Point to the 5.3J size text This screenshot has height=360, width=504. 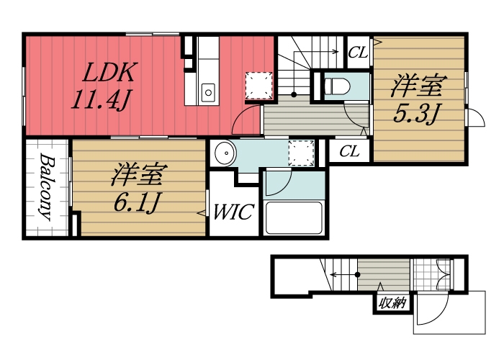tap(416, 114)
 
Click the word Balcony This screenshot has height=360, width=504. tap(45, 186)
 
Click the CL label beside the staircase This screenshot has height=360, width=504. tap(358, 52)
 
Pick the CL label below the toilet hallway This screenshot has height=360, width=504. tap(350, 152)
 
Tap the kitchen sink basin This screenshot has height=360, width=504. tap(208, 91)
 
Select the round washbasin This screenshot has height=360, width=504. tap(225, 153)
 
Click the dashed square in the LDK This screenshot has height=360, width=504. tap(257, 85)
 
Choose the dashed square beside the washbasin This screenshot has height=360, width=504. tap(300, 153)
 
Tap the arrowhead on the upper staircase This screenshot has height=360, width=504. tap(336, 52)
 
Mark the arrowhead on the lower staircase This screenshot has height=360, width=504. tap(333, 274)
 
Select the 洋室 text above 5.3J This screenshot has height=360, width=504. tap(416, 87)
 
